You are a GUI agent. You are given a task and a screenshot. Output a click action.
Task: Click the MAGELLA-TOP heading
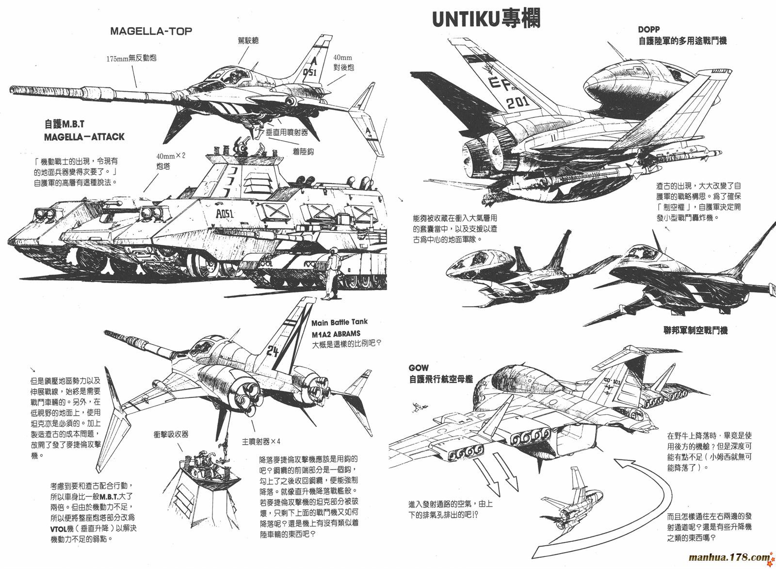151,31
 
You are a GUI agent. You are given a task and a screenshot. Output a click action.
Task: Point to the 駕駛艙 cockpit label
248,40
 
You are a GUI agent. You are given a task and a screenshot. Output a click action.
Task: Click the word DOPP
649,30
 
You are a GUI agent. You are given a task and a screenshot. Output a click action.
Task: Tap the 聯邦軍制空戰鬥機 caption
695,331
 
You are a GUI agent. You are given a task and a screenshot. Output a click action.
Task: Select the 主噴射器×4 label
261,441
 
